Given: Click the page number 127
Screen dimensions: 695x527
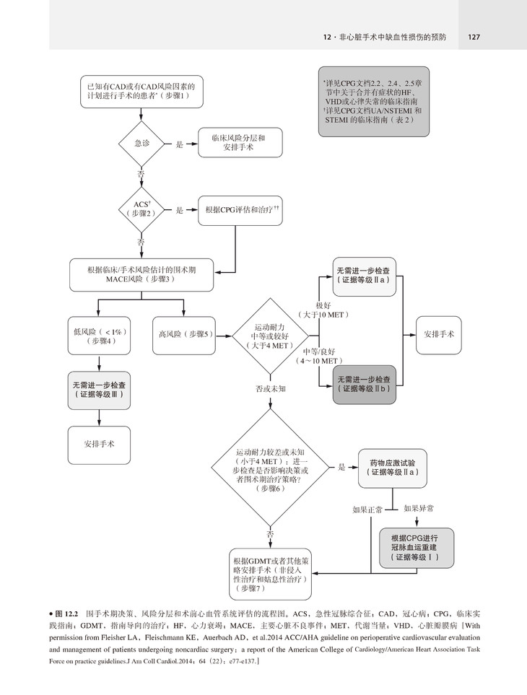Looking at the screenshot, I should [x=475, y=38].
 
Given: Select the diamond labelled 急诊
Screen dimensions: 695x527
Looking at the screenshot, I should [x=141, y=144].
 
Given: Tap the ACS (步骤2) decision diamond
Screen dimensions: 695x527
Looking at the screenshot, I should [x=141, y=209].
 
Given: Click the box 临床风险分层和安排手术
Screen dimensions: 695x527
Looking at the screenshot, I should [x=238, y=144].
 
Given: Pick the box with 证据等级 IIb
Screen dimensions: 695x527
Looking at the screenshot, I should [x=365, y=383].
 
